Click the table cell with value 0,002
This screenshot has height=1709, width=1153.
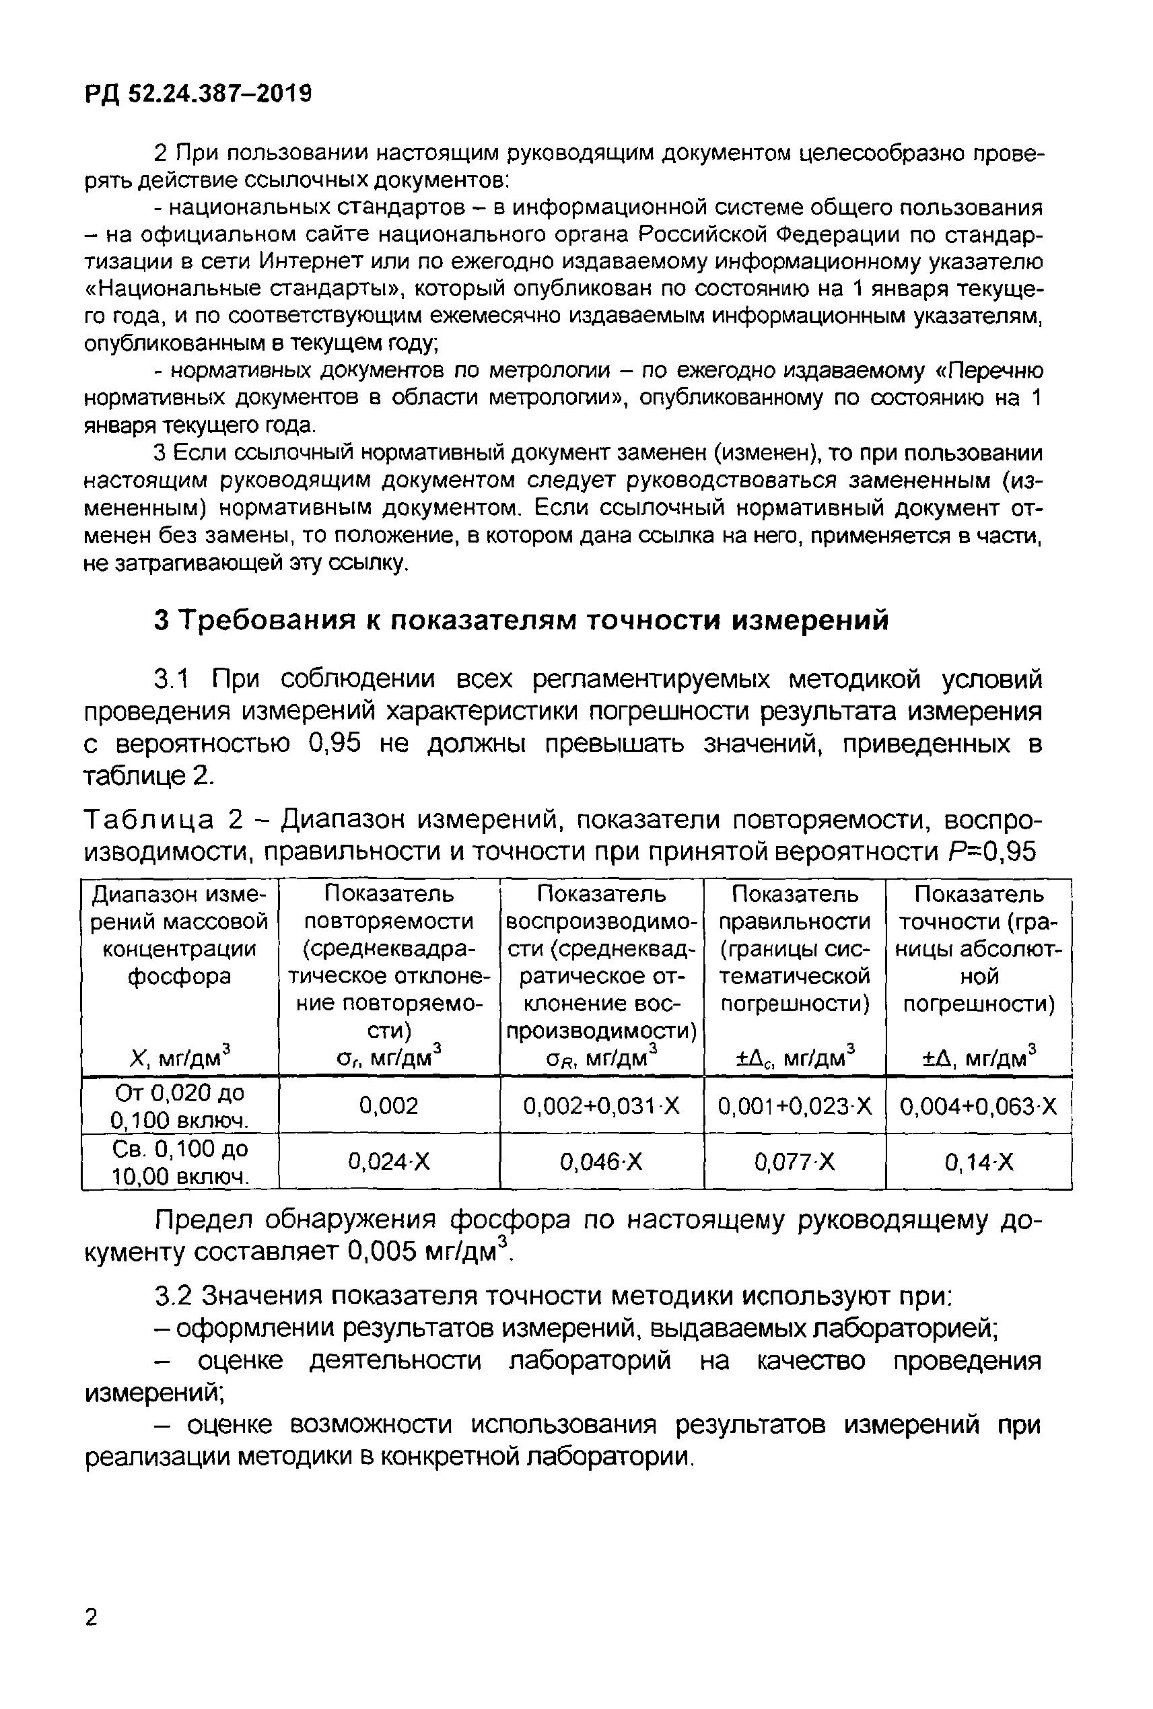pos(388,1106)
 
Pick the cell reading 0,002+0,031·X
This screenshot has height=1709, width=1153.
pos(602,1106)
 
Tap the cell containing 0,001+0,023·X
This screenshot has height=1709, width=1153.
pos(794,1106)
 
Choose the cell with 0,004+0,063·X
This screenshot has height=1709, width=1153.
pos(978,1106)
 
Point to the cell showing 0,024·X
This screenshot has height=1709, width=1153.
pos(388,1162)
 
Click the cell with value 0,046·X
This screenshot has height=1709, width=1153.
pos(602,1162)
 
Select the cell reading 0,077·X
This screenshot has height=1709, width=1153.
pos(794,1162)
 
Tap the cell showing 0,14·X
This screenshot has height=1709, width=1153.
pos(978,1162)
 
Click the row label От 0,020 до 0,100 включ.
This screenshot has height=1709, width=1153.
pos(180,1106)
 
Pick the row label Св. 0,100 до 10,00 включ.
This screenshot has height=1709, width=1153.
pos(180,1162)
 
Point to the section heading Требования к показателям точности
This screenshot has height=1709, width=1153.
pos(522,621)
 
